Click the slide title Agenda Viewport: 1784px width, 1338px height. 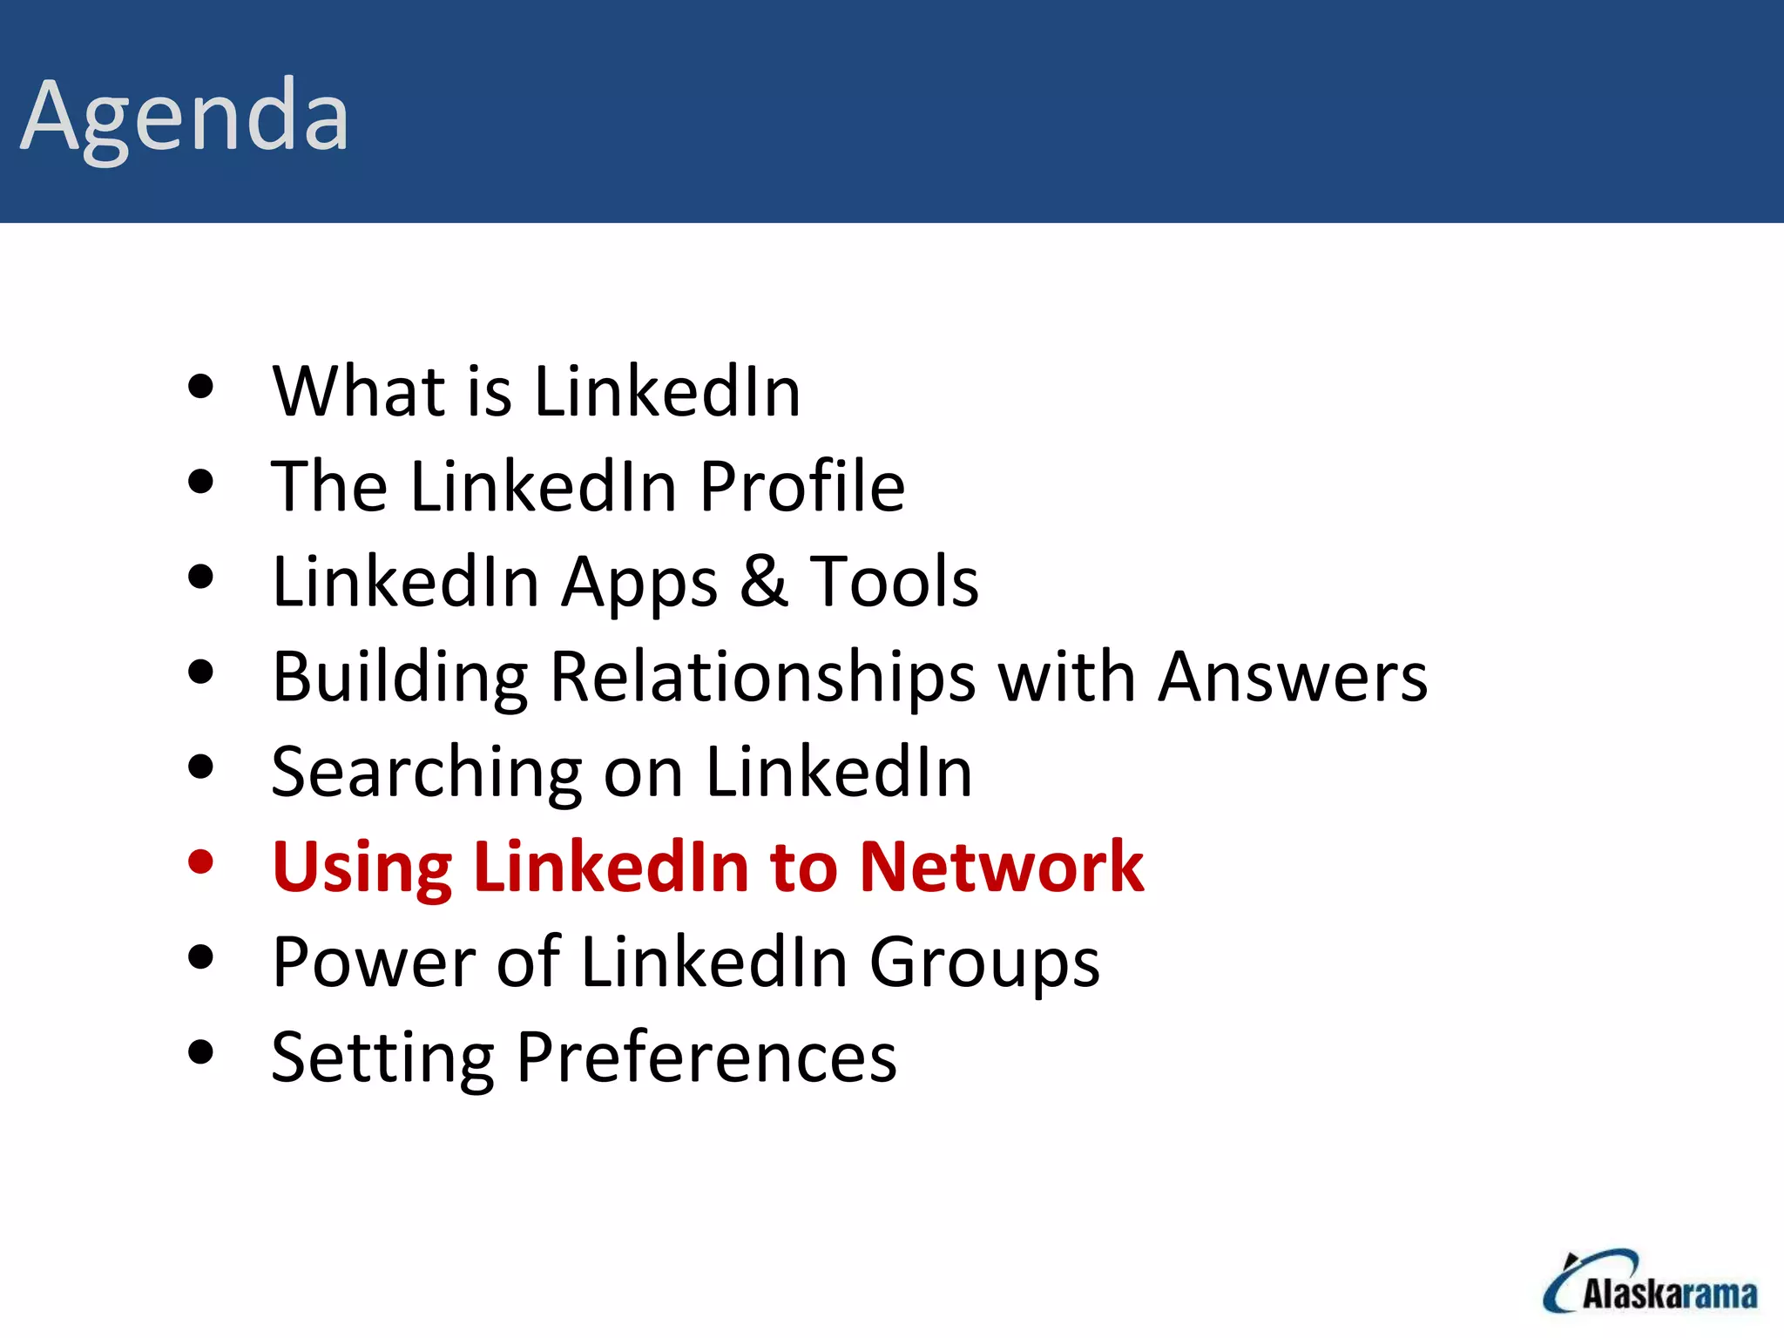(x=185, y=117)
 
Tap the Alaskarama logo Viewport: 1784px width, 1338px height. (x=1650, y=1283)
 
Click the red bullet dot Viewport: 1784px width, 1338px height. (x=200, y=862)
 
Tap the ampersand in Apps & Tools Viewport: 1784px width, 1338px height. (x=764, y=581)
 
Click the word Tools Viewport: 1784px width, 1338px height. (x=895, y=581)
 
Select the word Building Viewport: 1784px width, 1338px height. (x=400, y=678)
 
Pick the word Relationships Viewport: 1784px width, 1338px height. (x=763, y=678)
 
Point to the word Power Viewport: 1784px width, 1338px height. (x=374, y=962)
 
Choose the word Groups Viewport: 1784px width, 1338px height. (x=984, y=963)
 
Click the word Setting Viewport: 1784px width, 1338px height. (x=382, y=1058)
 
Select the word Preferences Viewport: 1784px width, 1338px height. (x=706, y=1057)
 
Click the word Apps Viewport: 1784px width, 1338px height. (x=639, y=583)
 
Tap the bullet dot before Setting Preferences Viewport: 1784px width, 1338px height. (x=200, y=1052)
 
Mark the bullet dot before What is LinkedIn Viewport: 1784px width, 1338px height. (x=200, y=386)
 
